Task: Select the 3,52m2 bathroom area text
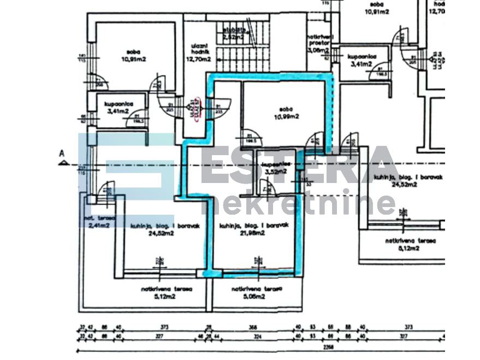point(276,172)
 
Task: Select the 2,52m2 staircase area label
point(233,37)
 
